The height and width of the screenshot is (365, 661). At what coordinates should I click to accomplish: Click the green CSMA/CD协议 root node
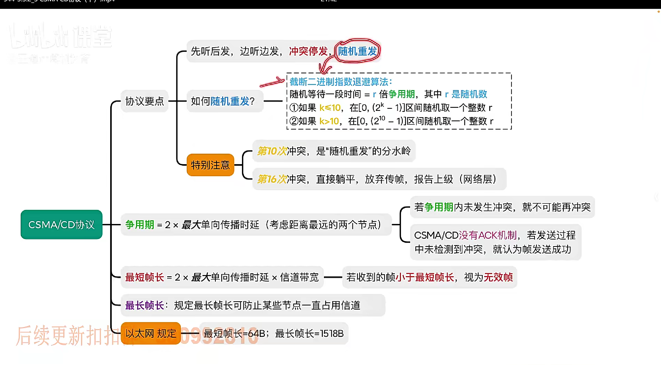coord(61,225)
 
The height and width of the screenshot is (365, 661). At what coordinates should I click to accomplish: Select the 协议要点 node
coord(145,101)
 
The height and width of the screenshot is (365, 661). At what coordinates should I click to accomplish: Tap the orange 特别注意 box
coord(210,165)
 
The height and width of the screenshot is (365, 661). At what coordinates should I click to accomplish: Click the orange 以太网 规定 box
coord(151,333)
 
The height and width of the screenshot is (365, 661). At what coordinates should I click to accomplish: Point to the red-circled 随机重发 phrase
coord(357,51)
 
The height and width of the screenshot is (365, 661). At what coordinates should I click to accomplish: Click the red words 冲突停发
coord(308,51)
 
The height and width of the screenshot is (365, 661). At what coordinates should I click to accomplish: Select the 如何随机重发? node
coord(223,101)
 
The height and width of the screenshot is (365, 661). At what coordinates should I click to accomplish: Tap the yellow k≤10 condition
coord(330,108)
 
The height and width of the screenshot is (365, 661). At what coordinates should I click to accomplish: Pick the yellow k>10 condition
coord(329,121)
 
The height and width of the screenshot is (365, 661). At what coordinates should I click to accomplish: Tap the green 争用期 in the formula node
coord(140,225)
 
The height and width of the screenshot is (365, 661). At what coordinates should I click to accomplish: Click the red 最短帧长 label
coord(145,277)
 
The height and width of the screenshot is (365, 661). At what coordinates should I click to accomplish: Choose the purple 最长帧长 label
coord(145,305)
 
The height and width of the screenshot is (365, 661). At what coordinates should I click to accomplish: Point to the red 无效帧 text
coord(498,277)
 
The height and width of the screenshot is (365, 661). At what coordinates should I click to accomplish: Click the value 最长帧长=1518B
coord(309,334)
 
